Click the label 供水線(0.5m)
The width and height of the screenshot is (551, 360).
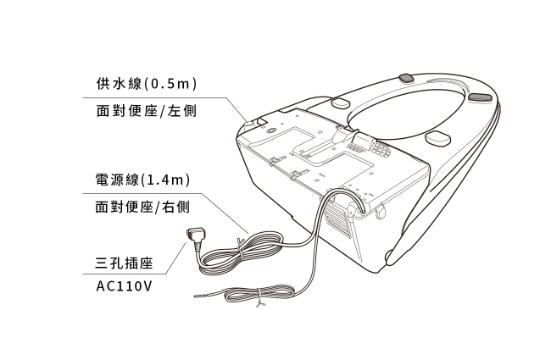pyautogui.click(x=146, y=84)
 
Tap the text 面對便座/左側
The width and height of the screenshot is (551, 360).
pyautogui.click(x=146, y=111)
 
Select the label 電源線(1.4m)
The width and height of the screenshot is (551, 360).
pyautogui.click(x=142, y=180)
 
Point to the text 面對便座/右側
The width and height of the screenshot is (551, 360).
pyautogui.click(x=142, y=207)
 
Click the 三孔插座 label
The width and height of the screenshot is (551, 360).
pyautogui.click(x=124, y=263)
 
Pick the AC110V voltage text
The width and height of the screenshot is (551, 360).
pyautogui.click(x=124, y=286)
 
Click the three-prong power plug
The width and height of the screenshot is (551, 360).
pyautogui.click(x=195, y=236)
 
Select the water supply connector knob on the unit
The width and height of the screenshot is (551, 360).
pyautogui.click(x=249, y=125)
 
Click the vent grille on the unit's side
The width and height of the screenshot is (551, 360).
pyautogui.click(x=338, y=218)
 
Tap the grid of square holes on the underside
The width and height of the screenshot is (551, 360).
pyautogui.click(x=381, y=150)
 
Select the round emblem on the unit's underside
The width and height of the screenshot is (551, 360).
pyautogui.click(x=271, y=131)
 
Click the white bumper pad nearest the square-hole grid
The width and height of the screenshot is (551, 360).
pyautogui.click(x=437, y=138)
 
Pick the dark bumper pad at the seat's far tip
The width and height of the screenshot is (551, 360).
pyautogui.click(x=481, y=98)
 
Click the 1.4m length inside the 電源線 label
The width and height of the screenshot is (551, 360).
pyautogui.click(x=165, y=180)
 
